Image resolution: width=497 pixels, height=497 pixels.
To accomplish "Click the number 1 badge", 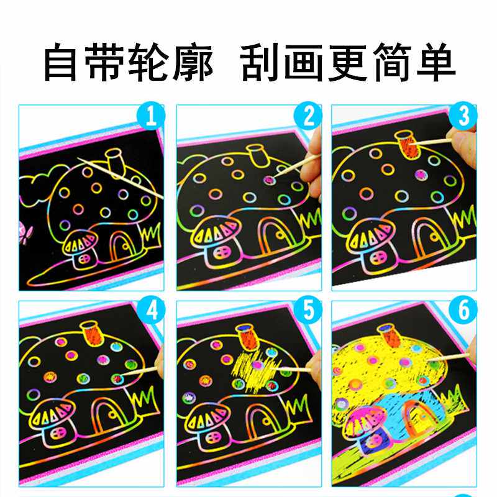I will coord(153,116).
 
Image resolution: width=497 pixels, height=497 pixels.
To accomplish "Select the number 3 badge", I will coord(464,116).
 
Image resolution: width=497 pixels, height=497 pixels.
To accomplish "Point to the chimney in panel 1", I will coord(114,159).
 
